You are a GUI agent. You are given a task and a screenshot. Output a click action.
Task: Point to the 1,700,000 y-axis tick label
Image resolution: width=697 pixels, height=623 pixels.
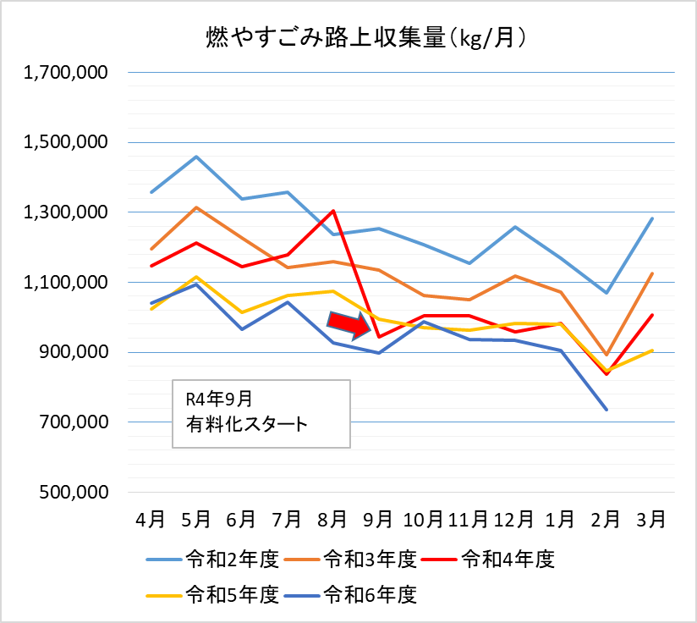coord(67,74)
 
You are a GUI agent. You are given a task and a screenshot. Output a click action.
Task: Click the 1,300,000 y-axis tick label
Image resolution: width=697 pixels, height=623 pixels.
coord(67,212)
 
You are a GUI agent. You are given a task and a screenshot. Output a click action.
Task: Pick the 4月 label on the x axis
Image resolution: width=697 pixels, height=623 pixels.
coord(151,518)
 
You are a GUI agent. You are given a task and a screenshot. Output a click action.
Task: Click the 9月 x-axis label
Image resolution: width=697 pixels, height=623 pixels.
coord(378,518)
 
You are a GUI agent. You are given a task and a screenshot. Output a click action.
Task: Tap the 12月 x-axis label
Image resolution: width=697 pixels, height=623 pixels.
coord(514,518)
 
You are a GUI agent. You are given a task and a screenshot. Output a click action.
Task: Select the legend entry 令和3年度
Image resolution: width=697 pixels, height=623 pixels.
coord(370,558)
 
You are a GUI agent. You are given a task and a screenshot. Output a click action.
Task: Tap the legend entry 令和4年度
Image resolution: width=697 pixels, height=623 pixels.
coord(509,558)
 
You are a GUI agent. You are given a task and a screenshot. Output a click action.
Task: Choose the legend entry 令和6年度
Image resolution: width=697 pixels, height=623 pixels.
coord(370,594)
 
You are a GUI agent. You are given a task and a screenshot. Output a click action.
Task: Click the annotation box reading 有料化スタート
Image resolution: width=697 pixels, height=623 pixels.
coord(261,413)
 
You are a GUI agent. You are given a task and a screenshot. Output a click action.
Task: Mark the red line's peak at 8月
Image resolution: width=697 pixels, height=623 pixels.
coord(333,211)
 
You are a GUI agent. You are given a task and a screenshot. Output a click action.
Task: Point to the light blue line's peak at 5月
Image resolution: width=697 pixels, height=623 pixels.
coord(196,157)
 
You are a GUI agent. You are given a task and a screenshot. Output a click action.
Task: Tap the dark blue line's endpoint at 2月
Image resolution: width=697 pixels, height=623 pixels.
coord(606,410)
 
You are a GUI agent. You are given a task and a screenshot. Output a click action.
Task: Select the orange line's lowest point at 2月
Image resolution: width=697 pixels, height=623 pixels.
coord(606,355)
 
